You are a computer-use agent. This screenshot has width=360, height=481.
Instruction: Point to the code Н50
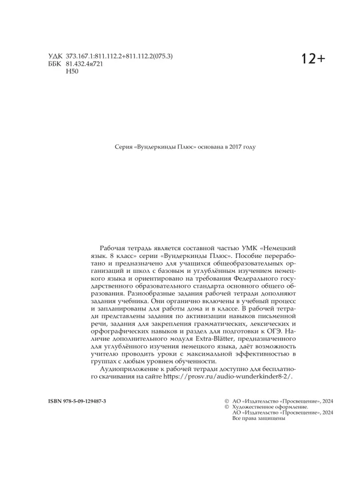[72, 71]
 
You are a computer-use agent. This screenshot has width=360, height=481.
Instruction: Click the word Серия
[122, 147]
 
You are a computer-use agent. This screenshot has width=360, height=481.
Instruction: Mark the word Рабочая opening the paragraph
[112, 247]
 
